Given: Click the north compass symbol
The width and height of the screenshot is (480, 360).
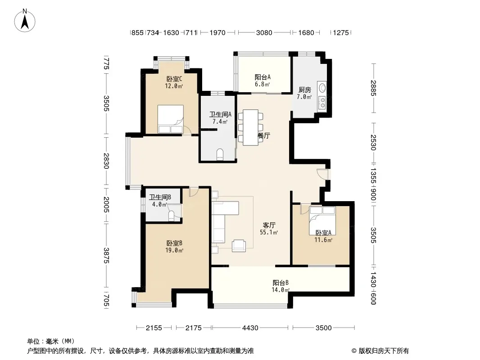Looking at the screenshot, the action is coord(25,21).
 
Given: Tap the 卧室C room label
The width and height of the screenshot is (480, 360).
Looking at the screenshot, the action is coord(174,79).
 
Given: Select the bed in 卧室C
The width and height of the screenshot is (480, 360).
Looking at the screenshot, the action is coord(171,119).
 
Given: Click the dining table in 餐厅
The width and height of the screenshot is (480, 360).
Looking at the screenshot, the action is coord(251,127).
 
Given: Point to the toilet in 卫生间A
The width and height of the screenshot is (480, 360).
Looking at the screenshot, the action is coord(220,154).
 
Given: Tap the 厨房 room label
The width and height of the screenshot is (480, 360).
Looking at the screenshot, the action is coord(304,90).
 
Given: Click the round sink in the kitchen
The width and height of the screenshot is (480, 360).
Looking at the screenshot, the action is coord(322,88).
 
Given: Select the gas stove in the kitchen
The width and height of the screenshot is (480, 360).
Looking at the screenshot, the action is coord(322,103).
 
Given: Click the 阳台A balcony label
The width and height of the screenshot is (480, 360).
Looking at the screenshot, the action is coord(263,77).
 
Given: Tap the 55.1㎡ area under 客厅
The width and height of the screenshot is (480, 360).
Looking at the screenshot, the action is coord(269,233).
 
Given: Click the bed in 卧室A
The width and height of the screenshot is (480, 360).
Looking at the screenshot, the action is coord(322,220).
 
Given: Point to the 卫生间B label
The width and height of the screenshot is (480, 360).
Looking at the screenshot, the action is coord(160,197).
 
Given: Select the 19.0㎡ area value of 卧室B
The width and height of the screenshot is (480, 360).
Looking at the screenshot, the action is coord(174,251).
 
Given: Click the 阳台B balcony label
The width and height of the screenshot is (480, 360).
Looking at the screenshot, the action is coord(281,283).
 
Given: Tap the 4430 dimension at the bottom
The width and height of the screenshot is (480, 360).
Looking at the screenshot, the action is coord(250,328).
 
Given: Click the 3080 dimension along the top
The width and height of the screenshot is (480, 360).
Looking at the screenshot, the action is coord(264,32).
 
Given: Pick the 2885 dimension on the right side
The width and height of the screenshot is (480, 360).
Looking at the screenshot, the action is coord(373,88).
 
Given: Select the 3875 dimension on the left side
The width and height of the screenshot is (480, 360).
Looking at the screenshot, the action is coord(106,256).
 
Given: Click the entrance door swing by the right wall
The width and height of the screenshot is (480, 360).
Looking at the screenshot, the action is coord(322,174).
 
